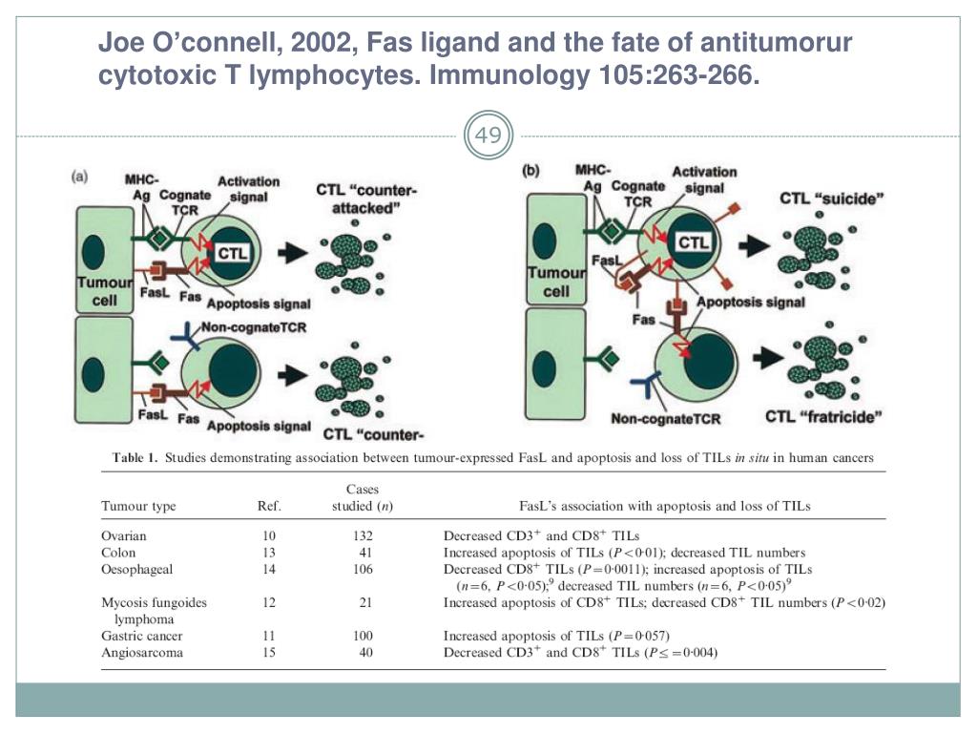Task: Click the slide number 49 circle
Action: pos(488,136)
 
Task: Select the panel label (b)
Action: pos(530,172)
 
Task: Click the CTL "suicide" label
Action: pos(832,199)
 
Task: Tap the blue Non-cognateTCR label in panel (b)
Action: pos(665,418)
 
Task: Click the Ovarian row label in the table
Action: pos(124,535)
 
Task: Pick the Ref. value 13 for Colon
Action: pos(270,553)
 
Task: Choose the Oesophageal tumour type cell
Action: pos(136,570)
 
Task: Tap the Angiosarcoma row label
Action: pos(142,653)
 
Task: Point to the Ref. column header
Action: pos(270,506)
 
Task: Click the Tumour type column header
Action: pos(141,506)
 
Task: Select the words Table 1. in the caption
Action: pos(135,458)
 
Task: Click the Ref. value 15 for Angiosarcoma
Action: pos(270,653)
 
